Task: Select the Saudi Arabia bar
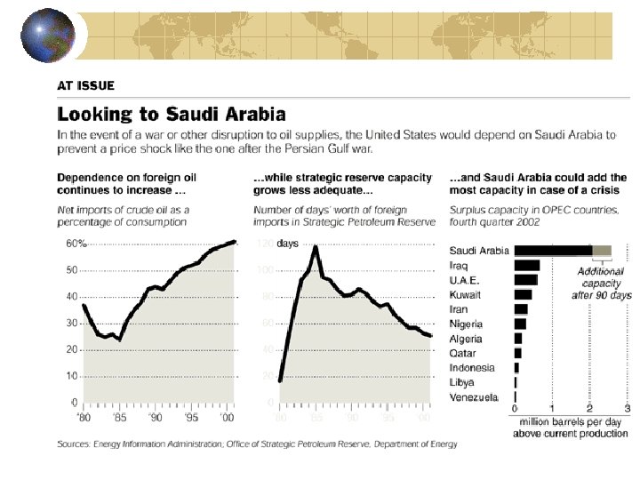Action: click(x=552, y=251)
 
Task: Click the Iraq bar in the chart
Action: click(x=526, y=265)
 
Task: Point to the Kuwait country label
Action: click(x=466, y=294)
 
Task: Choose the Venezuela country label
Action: click(x=475, y=396)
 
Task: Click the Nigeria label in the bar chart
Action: click(x=467, y=324)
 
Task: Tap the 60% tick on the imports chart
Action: click(x=76, y=243)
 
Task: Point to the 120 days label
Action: click(x=276, y=243)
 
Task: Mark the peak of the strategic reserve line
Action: click(x=315, y=246)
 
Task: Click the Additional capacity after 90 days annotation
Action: click(x=601, y=283)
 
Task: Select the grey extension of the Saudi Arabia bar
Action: click(x=602, y=251)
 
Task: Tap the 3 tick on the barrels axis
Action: click(x=628, y=408)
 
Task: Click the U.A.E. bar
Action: click(x=525, y=280)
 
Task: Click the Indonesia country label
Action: click(x=471, y=367)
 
